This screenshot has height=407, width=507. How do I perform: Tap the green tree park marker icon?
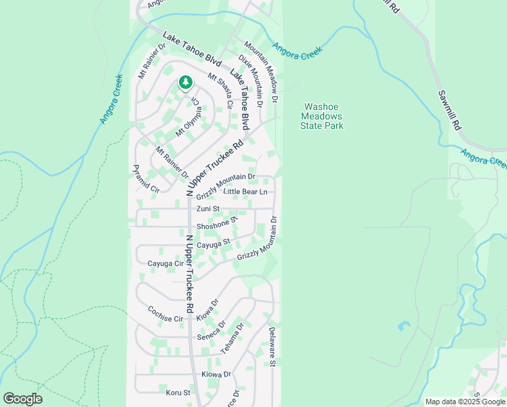pyautogui.click(x=185, y=82)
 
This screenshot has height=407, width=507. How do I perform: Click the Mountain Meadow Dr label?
pyautogui.click(x=261, y=71)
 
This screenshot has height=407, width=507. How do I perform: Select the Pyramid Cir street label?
pyautogui.click(x=145, y=179)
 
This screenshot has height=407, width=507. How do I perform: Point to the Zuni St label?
pyautogui.click(x=208, y=209)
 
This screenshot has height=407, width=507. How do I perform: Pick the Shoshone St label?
pyautogui.click(x=218, y=224)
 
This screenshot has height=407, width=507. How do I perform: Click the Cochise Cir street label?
pyautogui.click(x=165, y=314)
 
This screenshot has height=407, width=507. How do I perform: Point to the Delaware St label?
pyautogui.click(x=271, y=347)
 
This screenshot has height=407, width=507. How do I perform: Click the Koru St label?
pyautogui.click(x=178, y=392)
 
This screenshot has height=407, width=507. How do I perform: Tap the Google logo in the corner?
pyautogui.click(x=22, y=399)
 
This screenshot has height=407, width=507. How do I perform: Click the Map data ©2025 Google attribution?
pyautogui.click(x=465, y=402)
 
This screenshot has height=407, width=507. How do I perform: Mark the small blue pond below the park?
pyautogui.click(x=405, y=326)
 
